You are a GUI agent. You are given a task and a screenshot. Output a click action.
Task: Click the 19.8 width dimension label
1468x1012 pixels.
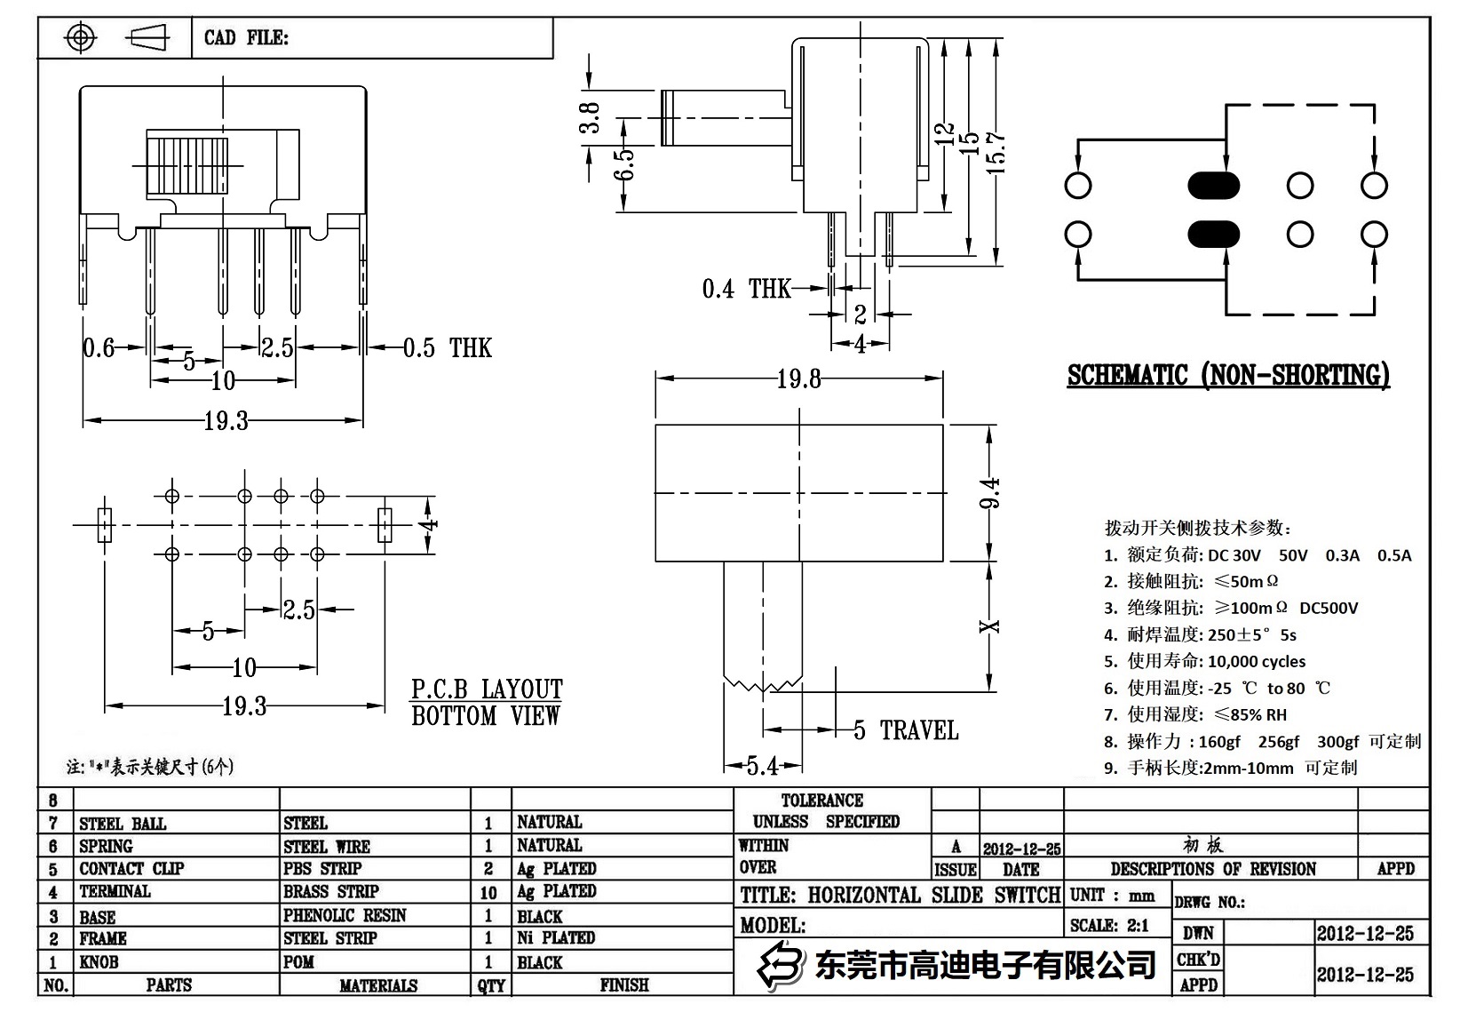tap(798, 379)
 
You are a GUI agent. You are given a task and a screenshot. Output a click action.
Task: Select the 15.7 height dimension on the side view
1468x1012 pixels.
tap(996, 151)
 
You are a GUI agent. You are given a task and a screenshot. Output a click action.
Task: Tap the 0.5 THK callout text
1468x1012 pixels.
tap(447, 347)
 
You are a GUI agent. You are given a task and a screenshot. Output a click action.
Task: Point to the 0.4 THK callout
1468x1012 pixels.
tap(746, 289)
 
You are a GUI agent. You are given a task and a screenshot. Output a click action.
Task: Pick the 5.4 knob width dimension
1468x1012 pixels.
tap(762, 765)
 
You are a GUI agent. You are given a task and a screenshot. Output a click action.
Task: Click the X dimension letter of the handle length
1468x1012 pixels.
tap(990, 626)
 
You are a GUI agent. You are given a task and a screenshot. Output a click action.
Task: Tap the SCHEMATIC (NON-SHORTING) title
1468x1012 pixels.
tap(1227, 375)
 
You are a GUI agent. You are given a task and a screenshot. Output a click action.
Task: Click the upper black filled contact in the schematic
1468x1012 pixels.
tap(1213, 186)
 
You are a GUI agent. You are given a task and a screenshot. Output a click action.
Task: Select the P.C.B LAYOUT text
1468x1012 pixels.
tap(486, 689)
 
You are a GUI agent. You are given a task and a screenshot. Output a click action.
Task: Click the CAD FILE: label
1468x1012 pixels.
tap(246, 37)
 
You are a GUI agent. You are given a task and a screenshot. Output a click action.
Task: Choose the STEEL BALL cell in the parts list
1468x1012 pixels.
tap(123, 824)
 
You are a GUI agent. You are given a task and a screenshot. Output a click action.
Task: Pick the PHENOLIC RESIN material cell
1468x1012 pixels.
tap(345, 915)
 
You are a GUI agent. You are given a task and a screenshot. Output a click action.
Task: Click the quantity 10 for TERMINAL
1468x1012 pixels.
tap(488, 892)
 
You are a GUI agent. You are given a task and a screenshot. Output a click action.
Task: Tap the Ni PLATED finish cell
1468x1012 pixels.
tap(556, 937)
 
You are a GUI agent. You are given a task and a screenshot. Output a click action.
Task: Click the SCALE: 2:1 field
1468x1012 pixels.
tap(1109, 925)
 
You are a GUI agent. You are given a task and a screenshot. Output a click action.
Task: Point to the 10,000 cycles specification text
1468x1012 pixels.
tap(1256, 661)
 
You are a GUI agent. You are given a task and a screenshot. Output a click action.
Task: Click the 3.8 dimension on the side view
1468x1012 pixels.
tap(590, 117)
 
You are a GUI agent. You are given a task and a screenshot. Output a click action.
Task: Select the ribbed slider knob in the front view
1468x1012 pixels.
tap(186, 165)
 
